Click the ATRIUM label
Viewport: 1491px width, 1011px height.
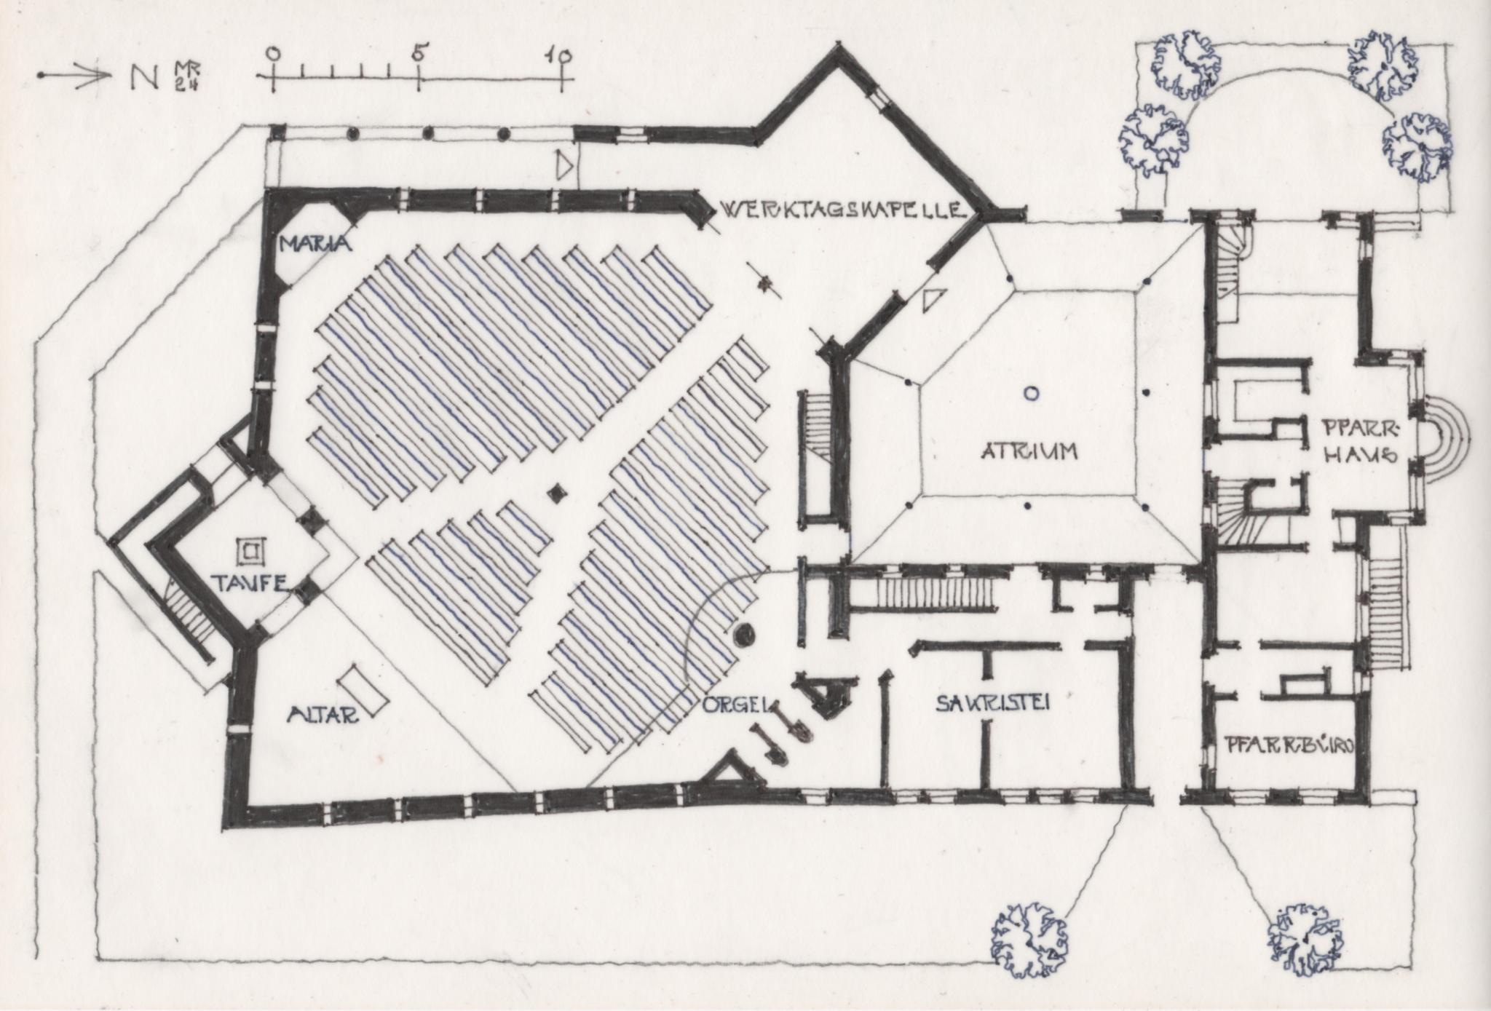coord(1028,451)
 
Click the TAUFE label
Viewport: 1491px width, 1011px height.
coord(248,582)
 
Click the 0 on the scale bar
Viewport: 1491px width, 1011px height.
coord(273,53)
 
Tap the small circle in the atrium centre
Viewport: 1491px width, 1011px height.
coord(1029,394)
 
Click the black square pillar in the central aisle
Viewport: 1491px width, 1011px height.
coord(558,493)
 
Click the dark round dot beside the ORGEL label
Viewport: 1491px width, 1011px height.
coord(744,635)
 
